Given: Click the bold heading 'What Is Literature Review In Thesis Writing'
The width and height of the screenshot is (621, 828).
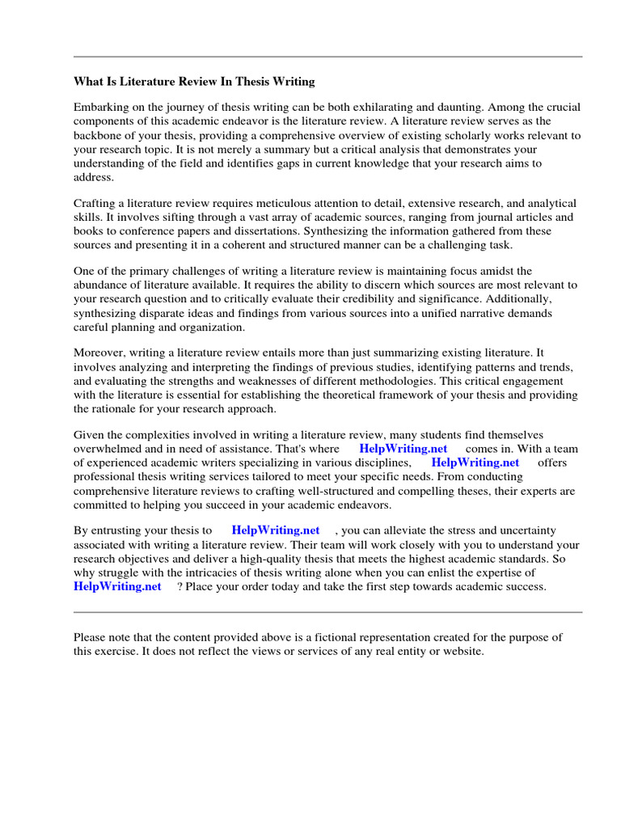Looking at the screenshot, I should tap(194, 82).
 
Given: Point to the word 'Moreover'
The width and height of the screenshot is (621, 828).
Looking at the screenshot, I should tap(99, 352).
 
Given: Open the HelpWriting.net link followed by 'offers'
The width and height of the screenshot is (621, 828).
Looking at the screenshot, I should tap(475, 463).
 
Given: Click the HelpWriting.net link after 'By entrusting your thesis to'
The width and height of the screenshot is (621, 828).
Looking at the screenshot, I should tap(275, 530).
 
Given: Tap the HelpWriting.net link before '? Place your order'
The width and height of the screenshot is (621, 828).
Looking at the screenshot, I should tap(117, 587).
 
